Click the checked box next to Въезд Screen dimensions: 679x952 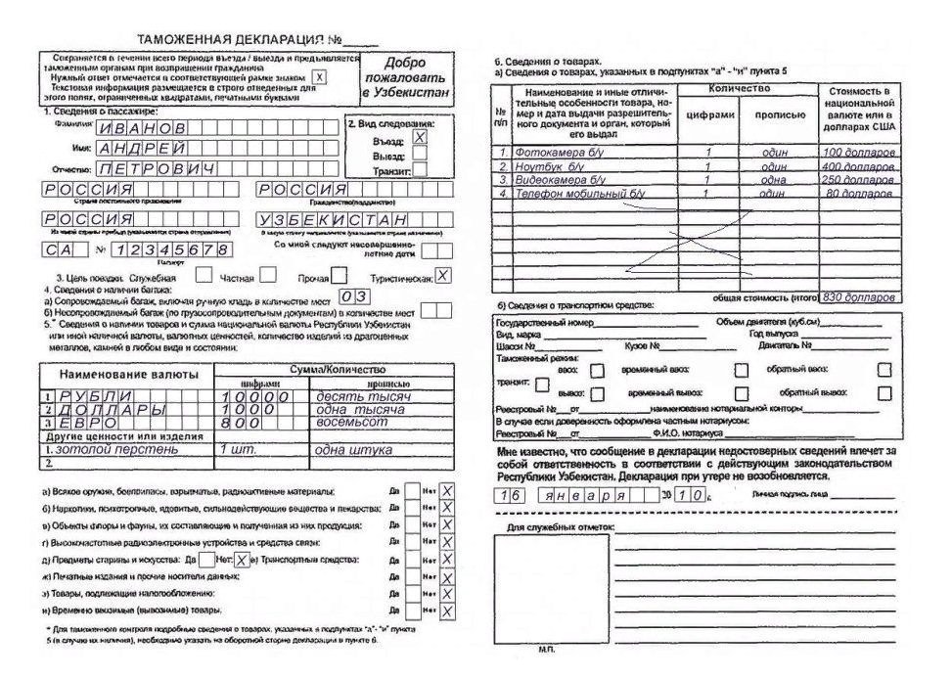pos(420,138)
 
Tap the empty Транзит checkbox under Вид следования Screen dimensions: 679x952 pos(420,168)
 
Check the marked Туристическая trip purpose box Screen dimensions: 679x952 pos(442,277)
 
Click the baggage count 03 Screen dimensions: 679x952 pos(352,297)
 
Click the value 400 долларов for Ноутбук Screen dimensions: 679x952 pos(858,167)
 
